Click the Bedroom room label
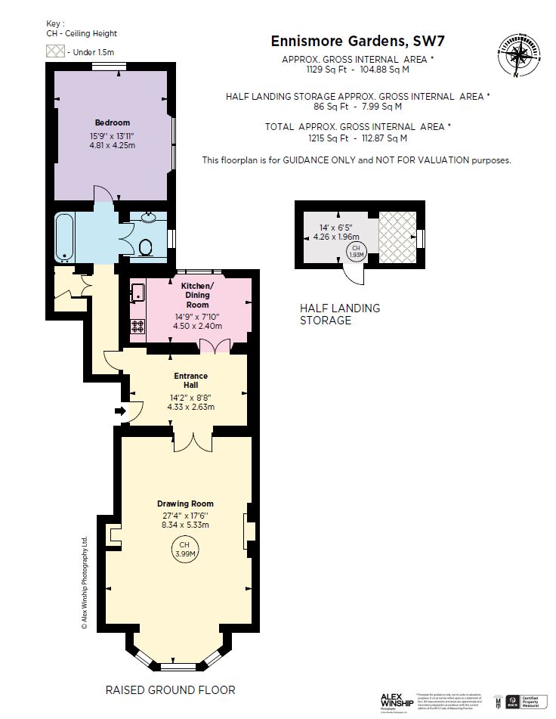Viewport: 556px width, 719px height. [x=112, y=122]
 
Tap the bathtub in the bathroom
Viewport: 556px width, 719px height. [x=63, y=236]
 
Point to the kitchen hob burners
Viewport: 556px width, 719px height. [x=138, y=326]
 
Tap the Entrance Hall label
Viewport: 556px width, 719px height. [x=190, y=380]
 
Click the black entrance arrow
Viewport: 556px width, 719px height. [x=119, y=411]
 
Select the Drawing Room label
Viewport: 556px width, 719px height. [x=185, y=504]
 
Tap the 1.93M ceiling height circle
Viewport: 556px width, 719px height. [x=356, y=252]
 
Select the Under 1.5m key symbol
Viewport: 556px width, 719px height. [x=56, y=51]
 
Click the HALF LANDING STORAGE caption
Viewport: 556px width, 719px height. [x=340, y=314]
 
